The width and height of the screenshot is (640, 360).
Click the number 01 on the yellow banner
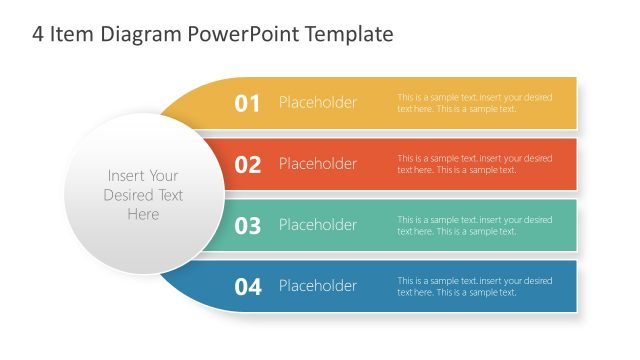[247, 103]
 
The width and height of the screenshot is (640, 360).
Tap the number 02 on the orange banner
[247, 165]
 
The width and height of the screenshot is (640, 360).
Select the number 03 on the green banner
[247, 226]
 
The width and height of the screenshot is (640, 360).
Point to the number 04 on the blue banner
[247, 287]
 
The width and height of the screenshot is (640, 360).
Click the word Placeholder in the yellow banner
[317, 103]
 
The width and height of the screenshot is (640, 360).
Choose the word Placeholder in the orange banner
[317, 164]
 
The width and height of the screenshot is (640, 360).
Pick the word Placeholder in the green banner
[317, 225]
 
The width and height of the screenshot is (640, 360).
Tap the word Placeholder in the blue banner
[317, 286]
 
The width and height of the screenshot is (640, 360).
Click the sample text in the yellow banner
[474, 103]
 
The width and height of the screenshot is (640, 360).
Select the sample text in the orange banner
[474, 164]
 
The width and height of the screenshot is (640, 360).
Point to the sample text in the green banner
[474, 225]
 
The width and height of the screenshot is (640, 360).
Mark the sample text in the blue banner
[474, 286]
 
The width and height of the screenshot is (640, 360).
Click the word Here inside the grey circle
[143, 214]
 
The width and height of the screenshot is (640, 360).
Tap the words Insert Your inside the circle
[143, 175]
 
